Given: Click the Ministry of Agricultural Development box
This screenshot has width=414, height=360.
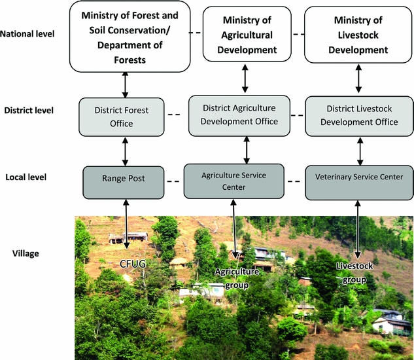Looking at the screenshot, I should point(246,37).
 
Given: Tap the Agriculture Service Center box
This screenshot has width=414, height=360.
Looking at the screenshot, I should point(243,181).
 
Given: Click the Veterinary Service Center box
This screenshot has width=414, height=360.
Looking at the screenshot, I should point(359,177).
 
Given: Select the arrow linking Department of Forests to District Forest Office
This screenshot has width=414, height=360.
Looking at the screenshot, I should point(125,84).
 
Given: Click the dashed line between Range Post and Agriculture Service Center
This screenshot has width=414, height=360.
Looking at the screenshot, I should point(173,181).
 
